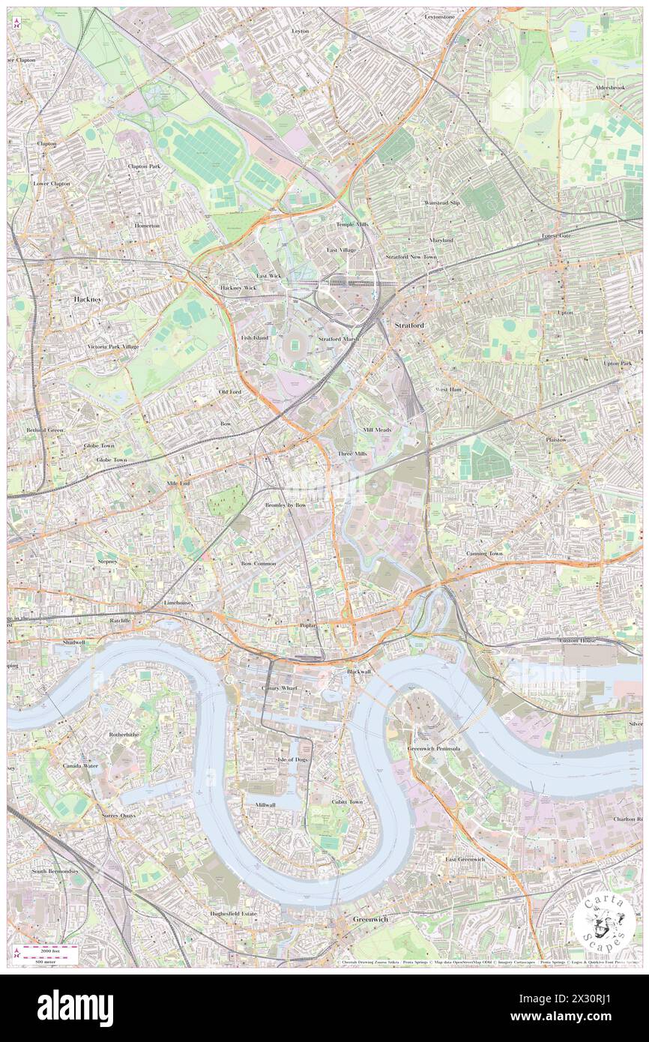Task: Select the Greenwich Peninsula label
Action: [433, 749]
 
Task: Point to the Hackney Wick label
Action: [238, 288]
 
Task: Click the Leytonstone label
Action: [440, 16]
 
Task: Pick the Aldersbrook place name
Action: [609, 88]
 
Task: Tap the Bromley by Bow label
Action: [286, 505]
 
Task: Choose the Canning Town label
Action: [485, 553]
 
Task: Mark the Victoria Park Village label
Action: [113, 347]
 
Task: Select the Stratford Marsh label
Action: [339, 339]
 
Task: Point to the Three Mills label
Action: [352, 454]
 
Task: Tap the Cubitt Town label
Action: [347, 801]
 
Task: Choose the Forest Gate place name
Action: [557, 236]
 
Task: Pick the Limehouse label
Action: [178, 603]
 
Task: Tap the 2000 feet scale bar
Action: [49, 948]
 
